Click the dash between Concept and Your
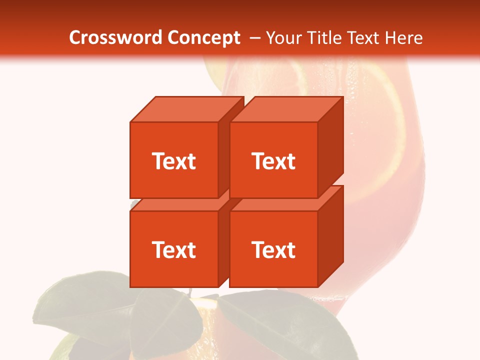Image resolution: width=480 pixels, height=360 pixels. (254, 38)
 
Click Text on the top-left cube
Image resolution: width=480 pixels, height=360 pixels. (173, 161)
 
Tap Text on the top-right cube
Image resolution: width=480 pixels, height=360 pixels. (273, 161)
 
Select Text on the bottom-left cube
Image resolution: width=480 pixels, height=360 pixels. (173, 249)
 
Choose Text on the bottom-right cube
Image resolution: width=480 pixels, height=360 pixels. (273, 249)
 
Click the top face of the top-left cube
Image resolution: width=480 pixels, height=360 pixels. (186, 109)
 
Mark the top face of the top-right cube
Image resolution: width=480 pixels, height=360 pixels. (286, 109)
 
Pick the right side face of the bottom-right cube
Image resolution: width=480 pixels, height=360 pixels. (330, 237)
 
